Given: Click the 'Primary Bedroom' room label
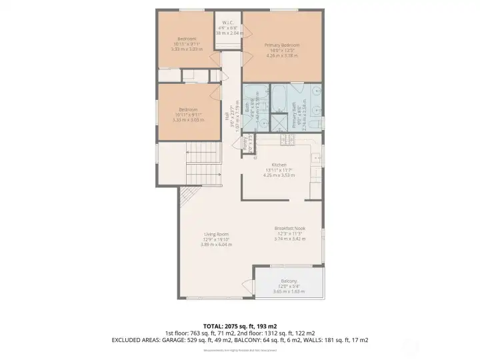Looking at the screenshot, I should click(282, 45).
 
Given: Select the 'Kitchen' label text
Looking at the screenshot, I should click(278, 165).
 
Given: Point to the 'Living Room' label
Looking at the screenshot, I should click(216, 234).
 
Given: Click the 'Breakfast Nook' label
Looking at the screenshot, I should click(290, 228).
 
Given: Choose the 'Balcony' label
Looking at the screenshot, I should click(289, 281).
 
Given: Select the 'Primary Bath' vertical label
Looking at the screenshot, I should click(294, 114).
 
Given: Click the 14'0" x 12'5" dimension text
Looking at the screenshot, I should click(282, 51).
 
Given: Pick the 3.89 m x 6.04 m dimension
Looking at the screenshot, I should click(216, 245).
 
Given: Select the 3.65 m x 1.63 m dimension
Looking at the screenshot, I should click(289, 291).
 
